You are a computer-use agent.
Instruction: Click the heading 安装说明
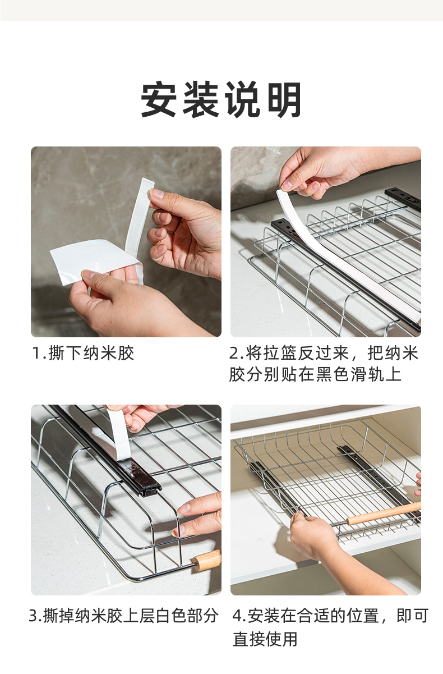(x=221, y=99)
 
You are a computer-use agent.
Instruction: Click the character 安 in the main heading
(x=159, y=99)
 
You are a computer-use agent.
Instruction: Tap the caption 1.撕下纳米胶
(x=83, y=353)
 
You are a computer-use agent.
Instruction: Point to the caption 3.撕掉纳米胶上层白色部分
(x=123, y=616)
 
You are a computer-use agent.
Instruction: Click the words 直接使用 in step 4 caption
(x=265, y=639)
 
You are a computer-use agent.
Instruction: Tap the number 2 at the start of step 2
(x=234, y=353)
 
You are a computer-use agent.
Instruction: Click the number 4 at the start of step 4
(x=237, y=616)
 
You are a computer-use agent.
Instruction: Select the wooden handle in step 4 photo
(x=384, y=513)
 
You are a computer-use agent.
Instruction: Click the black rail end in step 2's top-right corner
(x=403, y=198)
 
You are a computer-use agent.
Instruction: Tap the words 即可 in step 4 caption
(x=412, y=616)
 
